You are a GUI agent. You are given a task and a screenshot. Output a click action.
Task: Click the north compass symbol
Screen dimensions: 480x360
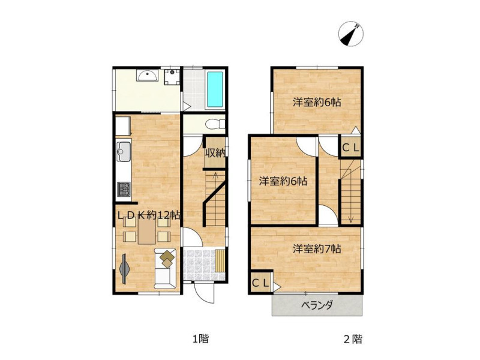point(351,34)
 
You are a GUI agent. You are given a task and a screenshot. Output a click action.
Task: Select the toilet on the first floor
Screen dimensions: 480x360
point(215,124)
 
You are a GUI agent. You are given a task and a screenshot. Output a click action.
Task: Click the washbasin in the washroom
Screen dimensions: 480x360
point(148,76)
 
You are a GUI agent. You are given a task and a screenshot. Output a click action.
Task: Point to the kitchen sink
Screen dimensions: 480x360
point(124,151)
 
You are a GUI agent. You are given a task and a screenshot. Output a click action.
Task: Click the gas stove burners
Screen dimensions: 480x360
point(124,189)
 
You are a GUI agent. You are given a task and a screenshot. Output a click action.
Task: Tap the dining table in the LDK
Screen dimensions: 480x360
point(146,232)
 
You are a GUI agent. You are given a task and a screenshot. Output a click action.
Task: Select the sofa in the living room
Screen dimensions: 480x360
point(166,268)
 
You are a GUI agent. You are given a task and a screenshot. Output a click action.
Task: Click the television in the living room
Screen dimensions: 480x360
point(124,268)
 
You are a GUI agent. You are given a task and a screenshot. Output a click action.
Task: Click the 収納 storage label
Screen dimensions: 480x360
point(215,152)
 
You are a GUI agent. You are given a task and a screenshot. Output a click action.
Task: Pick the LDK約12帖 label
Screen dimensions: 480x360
point(149,215)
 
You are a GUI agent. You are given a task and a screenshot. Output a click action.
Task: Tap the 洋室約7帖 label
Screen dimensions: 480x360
point(317,249)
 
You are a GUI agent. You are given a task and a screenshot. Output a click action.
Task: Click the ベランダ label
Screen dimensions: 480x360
point(317,305)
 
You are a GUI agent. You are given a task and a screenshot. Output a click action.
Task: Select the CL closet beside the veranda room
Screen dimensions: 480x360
point(260,283)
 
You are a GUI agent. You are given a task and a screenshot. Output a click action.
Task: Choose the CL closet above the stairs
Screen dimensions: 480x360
point(350,148)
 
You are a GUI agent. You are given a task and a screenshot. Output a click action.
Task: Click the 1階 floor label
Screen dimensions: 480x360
point(200,339)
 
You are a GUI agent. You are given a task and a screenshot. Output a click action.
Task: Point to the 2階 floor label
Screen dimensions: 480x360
point(353,339)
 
